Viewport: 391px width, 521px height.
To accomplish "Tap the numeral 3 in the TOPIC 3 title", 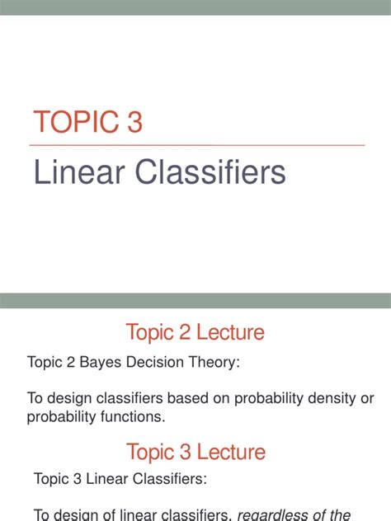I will (x=134, y=122).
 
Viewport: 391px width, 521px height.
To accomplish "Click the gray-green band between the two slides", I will (x=195, y=300).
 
